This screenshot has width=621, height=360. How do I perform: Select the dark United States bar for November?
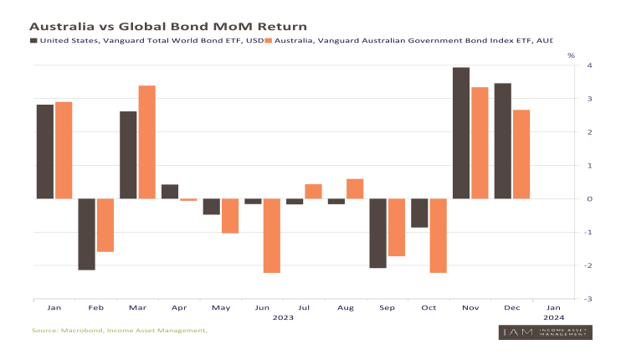pos(460,133)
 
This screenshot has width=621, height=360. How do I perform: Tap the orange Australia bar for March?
pos(146,142)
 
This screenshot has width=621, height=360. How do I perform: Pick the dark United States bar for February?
pos(86,234)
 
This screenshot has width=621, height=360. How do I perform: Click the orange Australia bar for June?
pos(271,235)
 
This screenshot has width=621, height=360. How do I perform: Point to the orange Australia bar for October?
pos(438,235)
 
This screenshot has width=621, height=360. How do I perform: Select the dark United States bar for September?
pos(377,233)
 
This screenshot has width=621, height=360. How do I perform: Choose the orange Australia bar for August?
pos(355,189)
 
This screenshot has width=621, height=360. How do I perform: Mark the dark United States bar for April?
pos(170,192)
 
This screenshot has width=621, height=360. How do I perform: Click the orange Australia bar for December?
pos(521,154)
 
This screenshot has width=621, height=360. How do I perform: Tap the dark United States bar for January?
pos(44,152)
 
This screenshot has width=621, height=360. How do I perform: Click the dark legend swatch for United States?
pos(33,39)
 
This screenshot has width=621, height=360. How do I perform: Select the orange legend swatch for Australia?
pos(267,39)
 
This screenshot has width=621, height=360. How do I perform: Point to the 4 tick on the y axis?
pos(590,65)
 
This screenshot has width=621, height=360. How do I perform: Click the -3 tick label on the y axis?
pos(588,298)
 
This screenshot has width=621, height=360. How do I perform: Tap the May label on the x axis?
pos(221,307)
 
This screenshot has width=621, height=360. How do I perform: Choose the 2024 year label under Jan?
pos(554,318)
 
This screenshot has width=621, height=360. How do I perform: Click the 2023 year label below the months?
pos(283,318)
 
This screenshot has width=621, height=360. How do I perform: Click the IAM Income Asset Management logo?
pos(546,332)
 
